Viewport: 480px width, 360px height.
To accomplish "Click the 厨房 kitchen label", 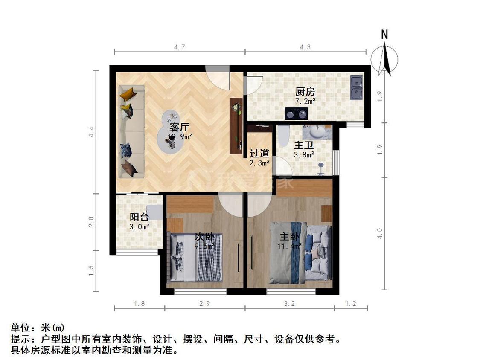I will pos(305,91).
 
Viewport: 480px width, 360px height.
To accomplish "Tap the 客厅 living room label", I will pos(179,127).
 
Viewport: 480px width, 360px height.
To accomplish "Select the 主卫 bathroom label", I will pos(304,145).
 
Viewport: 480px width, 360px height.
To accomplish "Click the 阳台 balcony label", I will pos(139,217).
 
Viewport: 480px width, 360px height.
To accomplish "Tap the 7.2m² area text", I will pos(305,101).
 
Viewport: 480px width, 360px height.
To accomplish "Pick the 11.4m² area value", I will pos(290,246).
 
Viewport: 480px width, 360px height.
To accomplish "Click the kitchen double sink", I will pos(356,87).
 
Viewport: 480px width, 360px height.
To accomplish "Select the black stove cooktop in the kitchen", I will pos(296,113).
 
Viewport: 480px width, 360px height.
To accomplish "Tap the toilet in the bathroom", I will pos(283,135).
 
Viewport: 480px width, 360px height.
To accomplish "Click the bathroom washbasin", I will pos(317,132).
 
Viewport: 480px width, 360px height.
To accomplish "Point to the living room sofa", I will pos(131,131).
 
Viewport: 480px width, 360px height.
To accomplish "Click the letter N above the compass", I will pos(384,35).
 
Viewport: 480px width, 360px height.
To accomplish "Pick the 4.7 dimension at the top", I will pos(180,47).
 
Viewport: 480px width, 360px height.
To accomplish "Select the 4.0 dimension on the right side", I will pos(380,233).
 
